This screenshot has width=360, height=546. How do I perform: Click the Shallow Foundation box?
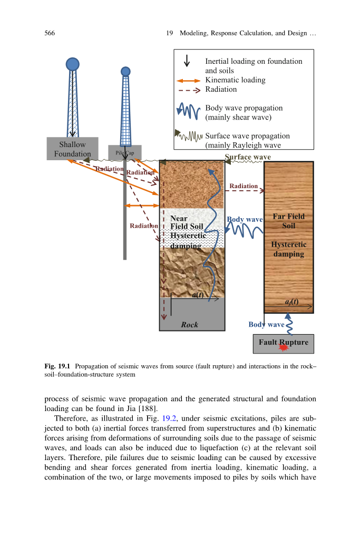pyautogui.click(x=72, y=149)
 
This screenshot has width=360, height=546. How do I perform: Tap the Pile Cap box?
pyautogui.click(x=125, y=152)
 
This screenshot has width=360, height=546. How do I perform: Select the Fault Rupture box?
pyautogui.click(x=283, y=344)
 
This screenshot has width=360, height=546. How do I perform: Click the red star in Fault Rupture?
pyautogui.click(x=284, y=348)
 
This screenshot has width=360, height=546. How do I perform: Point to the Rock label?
pyautogui.click(x=189, y=325)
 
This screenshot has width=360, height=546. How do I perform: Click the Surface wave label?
pyautogui.click(x=248, y=157)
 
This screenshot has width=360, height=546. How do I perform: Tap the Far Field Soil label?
pyautogui.click(x=288, y=221)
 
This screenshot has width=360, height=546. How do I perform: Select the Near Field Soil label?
pyautogui.click(x=186, y=222)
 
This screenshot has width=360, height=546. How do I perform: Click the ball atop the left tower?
pyautogui.click(x=72, y=64)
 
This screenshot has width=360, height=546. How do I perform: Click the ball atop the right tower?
pyautogui.click(x=125, y=71)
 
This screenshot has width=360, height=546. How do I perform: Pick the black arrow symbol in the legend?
pyautogui.click(x=187, y=61)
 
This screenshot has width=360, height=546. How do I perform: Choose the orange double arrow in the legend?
pyautogui.click(x=189, y=81)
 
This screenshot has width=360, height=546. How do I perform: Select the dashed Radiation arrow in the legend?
pyautogui.click(x=189, y=90)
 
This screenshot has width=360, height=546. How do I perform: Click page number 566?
pyautogui.click(x=50, y=33)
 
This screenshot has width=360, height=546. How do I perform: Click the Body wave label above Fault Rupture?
pyautogui.click(x=266, y=325)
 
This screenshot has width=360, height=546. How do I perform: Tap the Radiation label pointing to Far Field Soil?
pyautogui.click(x=244, y=186)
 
